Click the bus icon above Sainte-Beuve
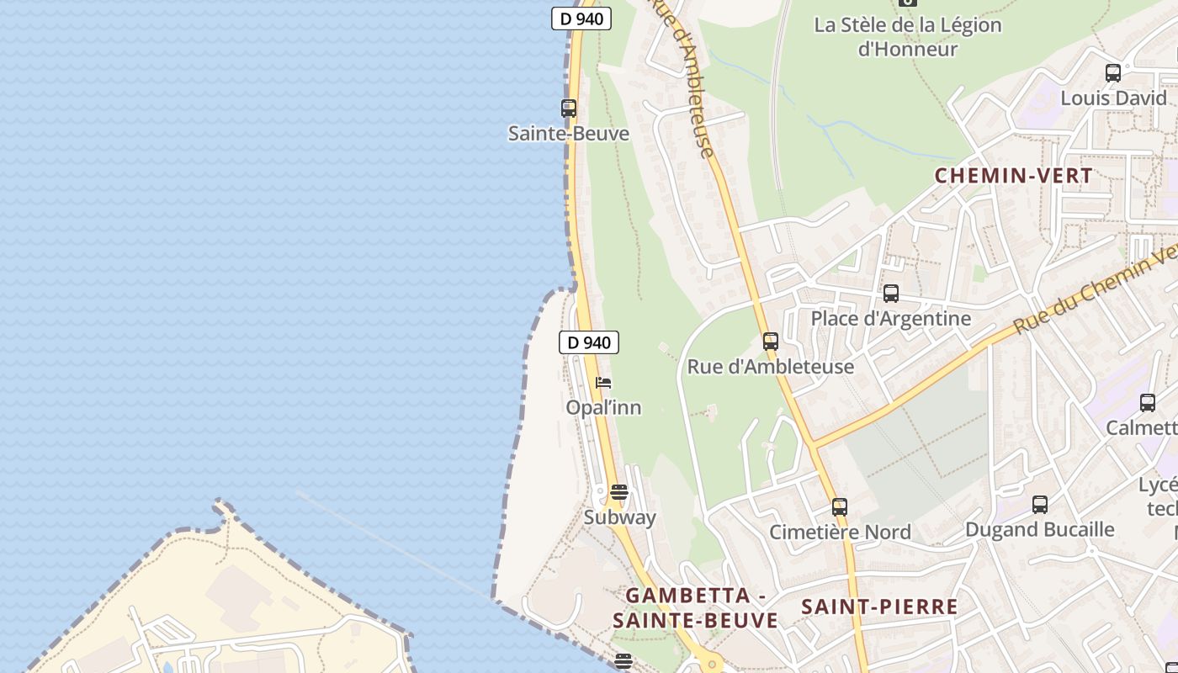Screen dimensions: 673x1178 [x=569, y=109]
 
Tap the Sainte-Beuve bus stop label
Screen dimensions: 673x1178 [x=569, y=134]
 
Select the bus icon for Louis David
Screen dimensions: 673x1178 [x=1113, y=73]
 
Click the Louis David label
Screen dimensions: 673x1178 [x=1113, y=98]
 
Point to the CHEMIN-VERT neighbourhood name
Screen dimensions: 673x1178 [x=1014, y=176]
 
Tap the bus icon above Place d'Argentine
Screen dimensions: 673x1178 [x=891, y=294]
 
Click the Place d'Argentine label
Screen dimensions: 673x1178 [x=891, y=319]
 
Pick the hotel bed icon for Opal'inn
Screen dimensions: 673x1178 [x=603, y=383]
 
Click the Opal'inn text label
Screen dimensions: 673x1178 [x=603, y=408]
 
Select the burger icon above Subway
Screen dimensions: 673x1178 [x=619, y=492]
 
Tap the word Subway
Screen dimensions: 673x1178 [x=620, y=517]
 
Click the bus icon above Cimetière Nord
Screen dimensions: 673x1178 [x=840, y=507]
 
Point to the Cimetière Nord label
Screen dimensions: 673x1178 [x=840, y=533]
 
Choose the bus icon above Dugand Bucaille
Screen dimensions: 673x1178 [x=1040, y=505]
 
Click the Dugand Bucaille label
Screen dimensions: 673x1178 [x=1040, y=530]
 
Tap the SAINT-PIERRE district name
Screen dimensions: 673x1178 [x=879, y=607]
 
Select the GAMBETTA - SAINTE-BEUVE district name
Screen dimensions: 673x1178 [x=695, y=608]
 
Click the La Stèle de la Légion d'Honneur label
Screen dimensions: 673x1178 [x=908, y=37]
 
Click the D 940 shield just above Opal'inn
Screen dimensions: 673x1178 [x=589, y=342]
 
